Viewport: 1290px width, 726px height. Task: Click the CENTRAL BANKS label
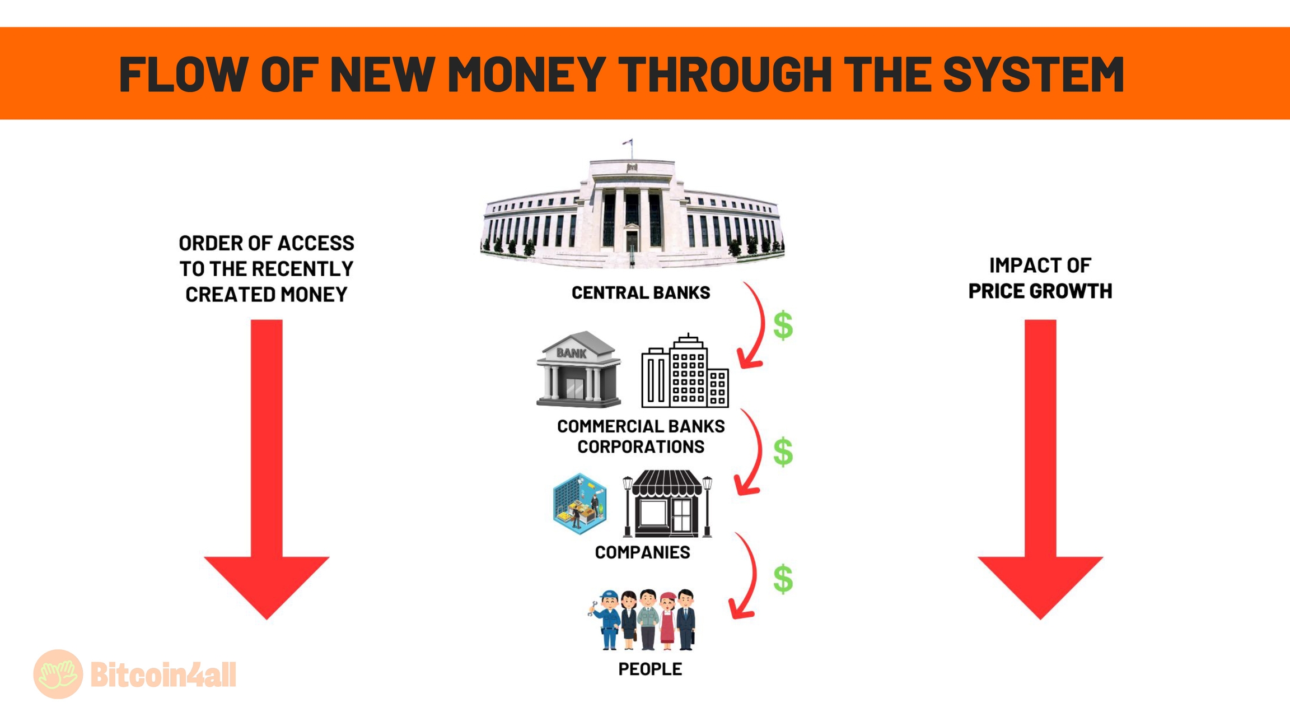(641, 292)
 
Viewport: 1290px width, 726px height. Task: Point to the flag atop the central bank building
(628, 142)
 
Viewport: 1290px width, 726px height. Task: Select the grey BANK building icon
(578, 369)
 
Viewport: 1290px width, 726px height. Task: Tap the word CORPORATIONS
(641, 447)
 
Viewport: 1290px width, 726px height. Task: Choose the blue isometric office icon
(579, 503)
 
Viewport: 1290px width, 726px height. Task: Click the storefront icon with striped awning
(667, 504)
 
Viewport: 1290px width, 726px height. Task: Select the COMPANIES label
(642, 552)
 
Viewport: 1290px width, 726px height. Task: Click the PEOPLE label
(650, 669)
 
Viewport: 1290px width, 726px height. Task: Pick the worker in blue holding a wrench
(606, 620)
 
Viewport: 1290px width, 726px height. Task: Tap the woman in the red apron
(667, 621)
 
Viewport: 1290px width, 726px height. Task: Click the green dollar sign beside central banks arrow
(783, 325)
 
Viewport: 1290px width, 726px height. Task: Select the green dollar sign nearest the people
(783, 579)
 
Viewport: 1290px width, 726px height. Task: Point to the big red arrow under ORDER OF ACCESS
(267, 469)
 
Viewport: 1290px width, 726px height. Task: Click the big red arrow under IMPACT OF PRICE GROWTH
(1040, 469)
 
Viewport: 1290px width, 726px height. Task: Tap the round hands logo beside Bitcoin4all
(58, 674)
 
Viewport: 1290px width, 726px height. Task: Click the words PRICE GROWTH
(1040, 291)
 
